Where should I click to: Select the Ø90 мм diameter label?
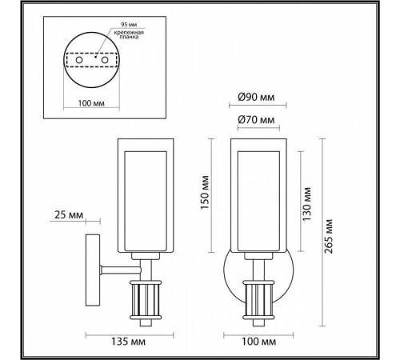pos(258,98)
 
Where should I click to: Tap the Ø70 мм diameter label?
pos(258,121)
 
